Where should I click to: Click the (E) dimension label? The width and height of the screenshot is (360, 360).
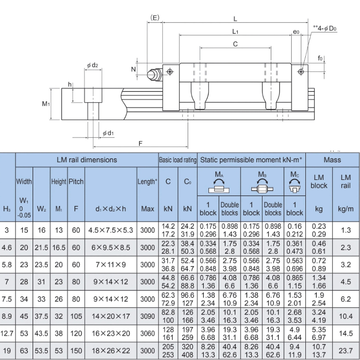154,18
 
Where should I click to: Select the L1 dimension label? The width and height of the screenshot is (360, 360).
235,32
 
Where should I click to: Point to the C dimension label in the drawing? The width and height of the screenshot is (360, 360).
235,44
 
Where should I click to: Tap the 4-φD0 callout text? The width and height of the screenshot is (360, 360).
327,28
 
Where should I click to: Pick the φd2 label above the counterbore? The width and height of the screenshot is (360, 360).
93,65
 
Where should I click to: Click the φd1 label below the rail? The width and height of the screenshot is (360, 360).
108,133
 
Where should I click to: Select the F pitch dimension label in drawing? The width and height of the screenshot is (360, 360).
141,143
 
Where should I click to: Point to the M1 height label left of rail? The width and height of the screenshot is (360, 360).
46,104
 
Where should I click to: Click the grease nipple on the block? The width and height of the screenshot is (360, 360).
153,74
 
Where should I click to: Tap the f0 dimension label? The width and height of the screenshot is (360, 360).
320,58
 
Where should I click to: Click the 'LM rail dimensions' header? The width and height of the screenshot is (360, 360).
87,160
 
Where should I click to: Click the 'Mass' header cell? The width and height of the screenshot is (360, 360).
332,160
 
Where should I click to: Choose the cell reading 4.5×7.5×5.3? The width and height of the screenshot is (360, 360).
111,230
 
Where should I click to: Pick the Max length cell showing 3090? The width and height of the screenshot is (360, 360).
148,316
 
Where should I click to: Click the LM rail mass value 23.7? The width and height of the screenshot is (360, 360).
346,351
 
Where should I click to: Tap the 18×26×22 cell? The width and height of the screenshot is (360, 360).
111,351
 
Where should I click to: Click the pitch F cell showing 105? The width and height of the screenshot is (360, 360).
76,316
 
